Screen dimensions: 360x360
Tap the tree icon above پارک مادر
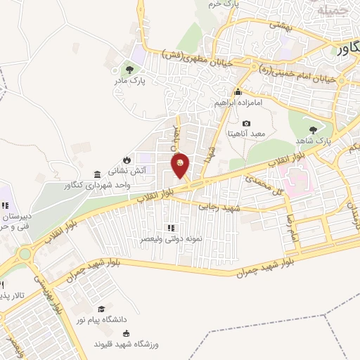129,69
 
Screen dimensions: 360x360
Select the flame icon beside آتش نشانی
126,160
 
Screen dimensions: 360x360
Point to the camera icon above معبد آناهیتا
246,124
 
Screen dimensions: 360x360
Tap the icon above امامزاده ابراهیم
238,91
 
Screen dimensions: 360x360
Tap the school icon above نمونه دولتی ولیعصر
170,228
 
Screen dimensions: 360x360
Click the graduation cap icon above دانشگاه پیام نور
102,309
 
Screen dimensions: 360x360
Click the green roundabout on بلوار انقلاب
25,254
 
